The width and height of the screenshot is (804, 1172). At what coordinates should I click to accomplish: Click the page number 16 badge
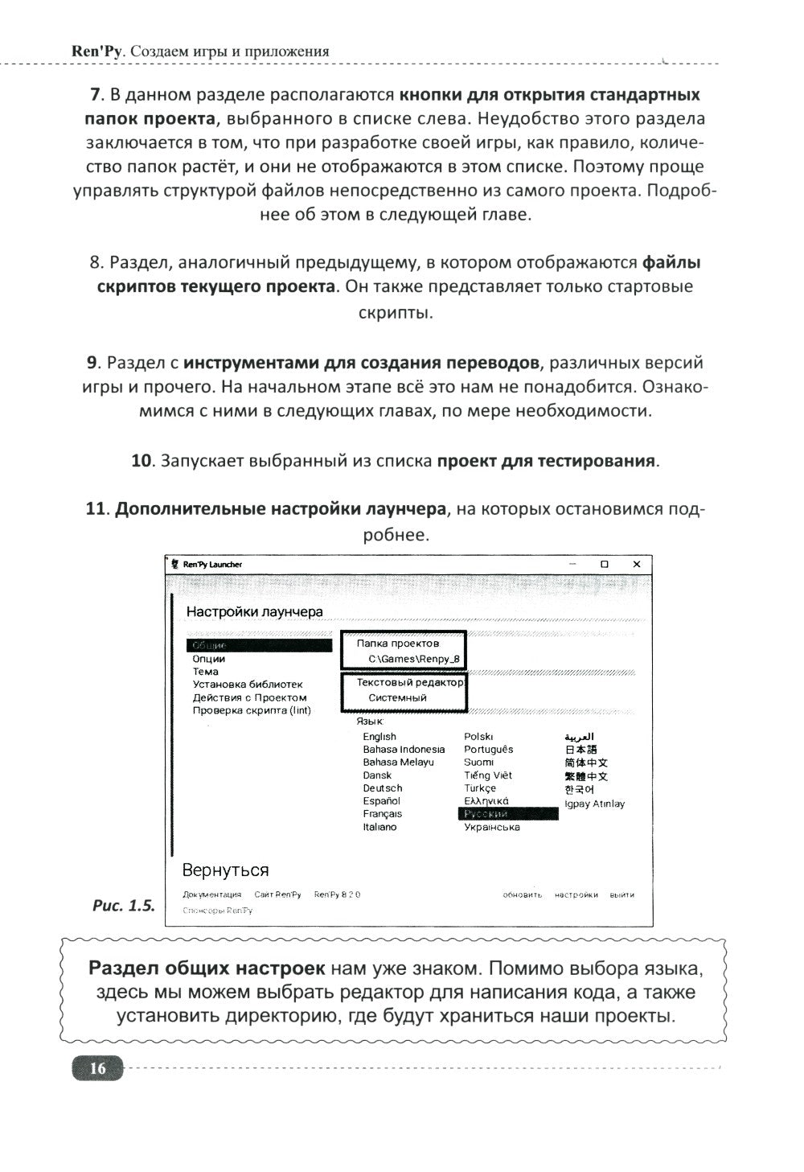[x=97, y=1068]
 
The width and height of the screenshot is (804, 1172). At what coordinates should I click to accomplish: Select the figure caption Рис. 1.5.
[x=123, y=905]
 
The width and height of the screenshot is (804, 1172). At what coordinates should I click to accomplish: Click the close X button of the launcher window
[x=636, y=565]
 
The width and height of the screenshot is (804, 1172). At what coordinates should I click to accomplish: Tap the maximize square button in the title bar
[x=605, y=565]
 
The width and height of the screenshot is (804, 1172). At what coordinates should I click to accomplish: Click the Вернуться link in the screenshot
[x=225, y=870]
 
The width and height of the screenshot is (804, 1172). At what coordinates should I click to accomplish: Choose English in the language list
[x=379, y=737]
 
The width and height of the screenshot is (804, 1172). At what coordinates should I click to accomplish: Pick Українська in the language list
[x=491, y=827]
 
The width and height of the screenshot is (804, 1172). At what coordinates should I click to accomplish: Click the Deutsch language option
[x=382, y=788]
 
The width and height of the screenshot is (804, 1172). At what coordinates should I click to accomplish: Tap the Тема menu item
[x=205, y=672]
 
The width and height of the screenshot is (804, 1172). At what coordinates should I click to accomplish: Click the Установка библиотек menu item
[x=247, y=685]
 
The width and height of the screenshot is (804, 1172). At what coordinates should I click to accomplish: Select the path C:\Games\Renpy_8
[x=414, y=659]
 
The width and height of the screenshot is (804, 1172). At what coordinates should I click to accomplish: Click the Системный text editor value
[x=397, y=698]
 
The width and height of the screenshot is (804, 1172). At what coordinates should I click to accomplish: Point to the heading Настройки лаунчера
[x=254, y=611]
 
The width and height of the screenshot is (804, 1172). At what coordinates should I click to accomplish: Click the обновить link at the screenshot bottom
[x=522, y=894]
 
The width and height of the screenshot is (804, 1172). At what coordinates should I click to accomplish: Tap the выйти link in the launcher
[x=621, y=894]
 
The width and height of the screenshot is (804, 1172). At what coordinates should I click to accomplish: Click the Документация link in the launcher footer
[x=211, y=894]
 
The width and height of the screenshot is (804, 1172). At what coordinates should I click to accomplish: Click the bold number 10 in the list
[x=142, y=461]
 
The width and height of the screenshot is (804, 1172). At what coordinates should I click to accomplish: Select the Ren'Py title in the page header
[x=96, y=51]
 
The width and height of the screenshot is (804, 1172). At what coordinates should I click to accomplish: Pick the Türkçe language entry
[x=480, y=788]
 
